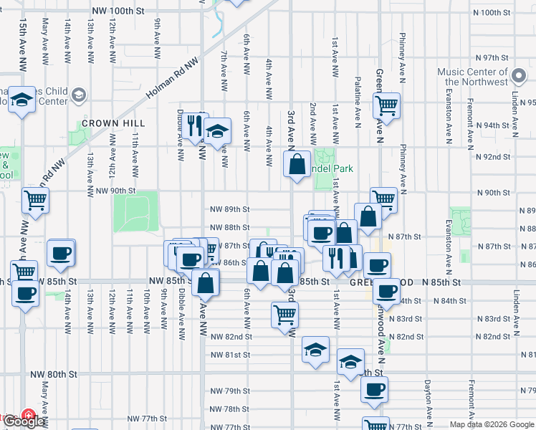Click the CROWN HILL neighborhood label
coord(104,123)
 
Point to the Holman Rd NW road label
coord(171,79)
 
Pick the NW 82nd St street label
coord(231,336)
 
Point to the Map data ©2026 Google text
coord(491,424)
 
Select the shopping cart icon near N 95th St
coord(386,105)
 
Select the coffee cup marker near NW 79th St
coord(374,389)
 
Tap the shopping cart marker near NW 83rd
coord(285,314)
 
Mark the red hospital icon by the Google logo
coord(28,415)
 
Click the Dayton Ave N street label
coord(428,394)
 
